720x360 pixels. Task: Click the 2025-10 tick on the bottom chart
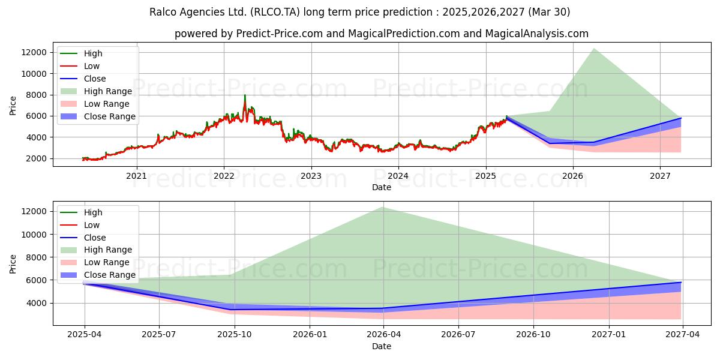[234, 334]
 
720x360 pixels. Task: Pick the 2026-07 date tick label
[458, 334]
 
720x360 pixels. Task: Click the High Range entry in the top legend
[108, 91]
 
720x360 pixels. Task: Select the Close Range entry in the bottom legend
[110, 275]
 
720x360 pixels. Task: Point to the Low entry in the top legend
[92, 66]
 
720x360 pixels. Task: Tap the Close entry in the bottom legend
[95, 238]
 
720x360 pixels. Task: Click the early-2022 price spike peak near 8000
[244, 95]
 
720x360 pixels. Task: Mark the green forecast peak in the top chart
[594, 49]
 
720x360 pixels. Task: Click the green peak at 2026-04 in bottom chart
[383, 207]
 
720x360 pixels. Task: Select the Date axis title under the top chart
[382, 187]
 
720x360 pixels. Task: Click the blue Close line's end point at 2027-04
[681, 282]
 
